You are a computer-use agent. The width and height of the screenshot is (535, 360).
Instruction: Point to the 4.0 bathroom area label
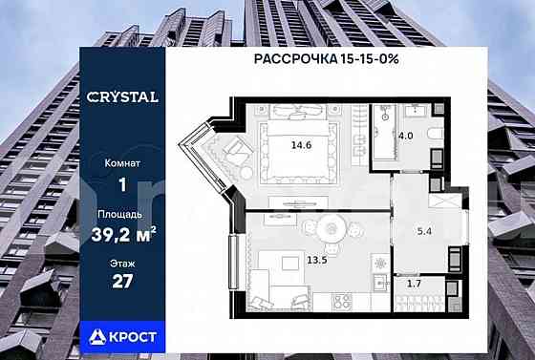click(405, 136)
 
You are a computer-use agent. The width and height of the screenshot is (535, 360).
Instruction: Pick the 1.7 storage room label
click(413, 285)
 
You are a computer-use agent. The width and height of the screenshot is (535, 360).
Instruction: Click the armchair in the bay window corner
click(234, 153)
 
